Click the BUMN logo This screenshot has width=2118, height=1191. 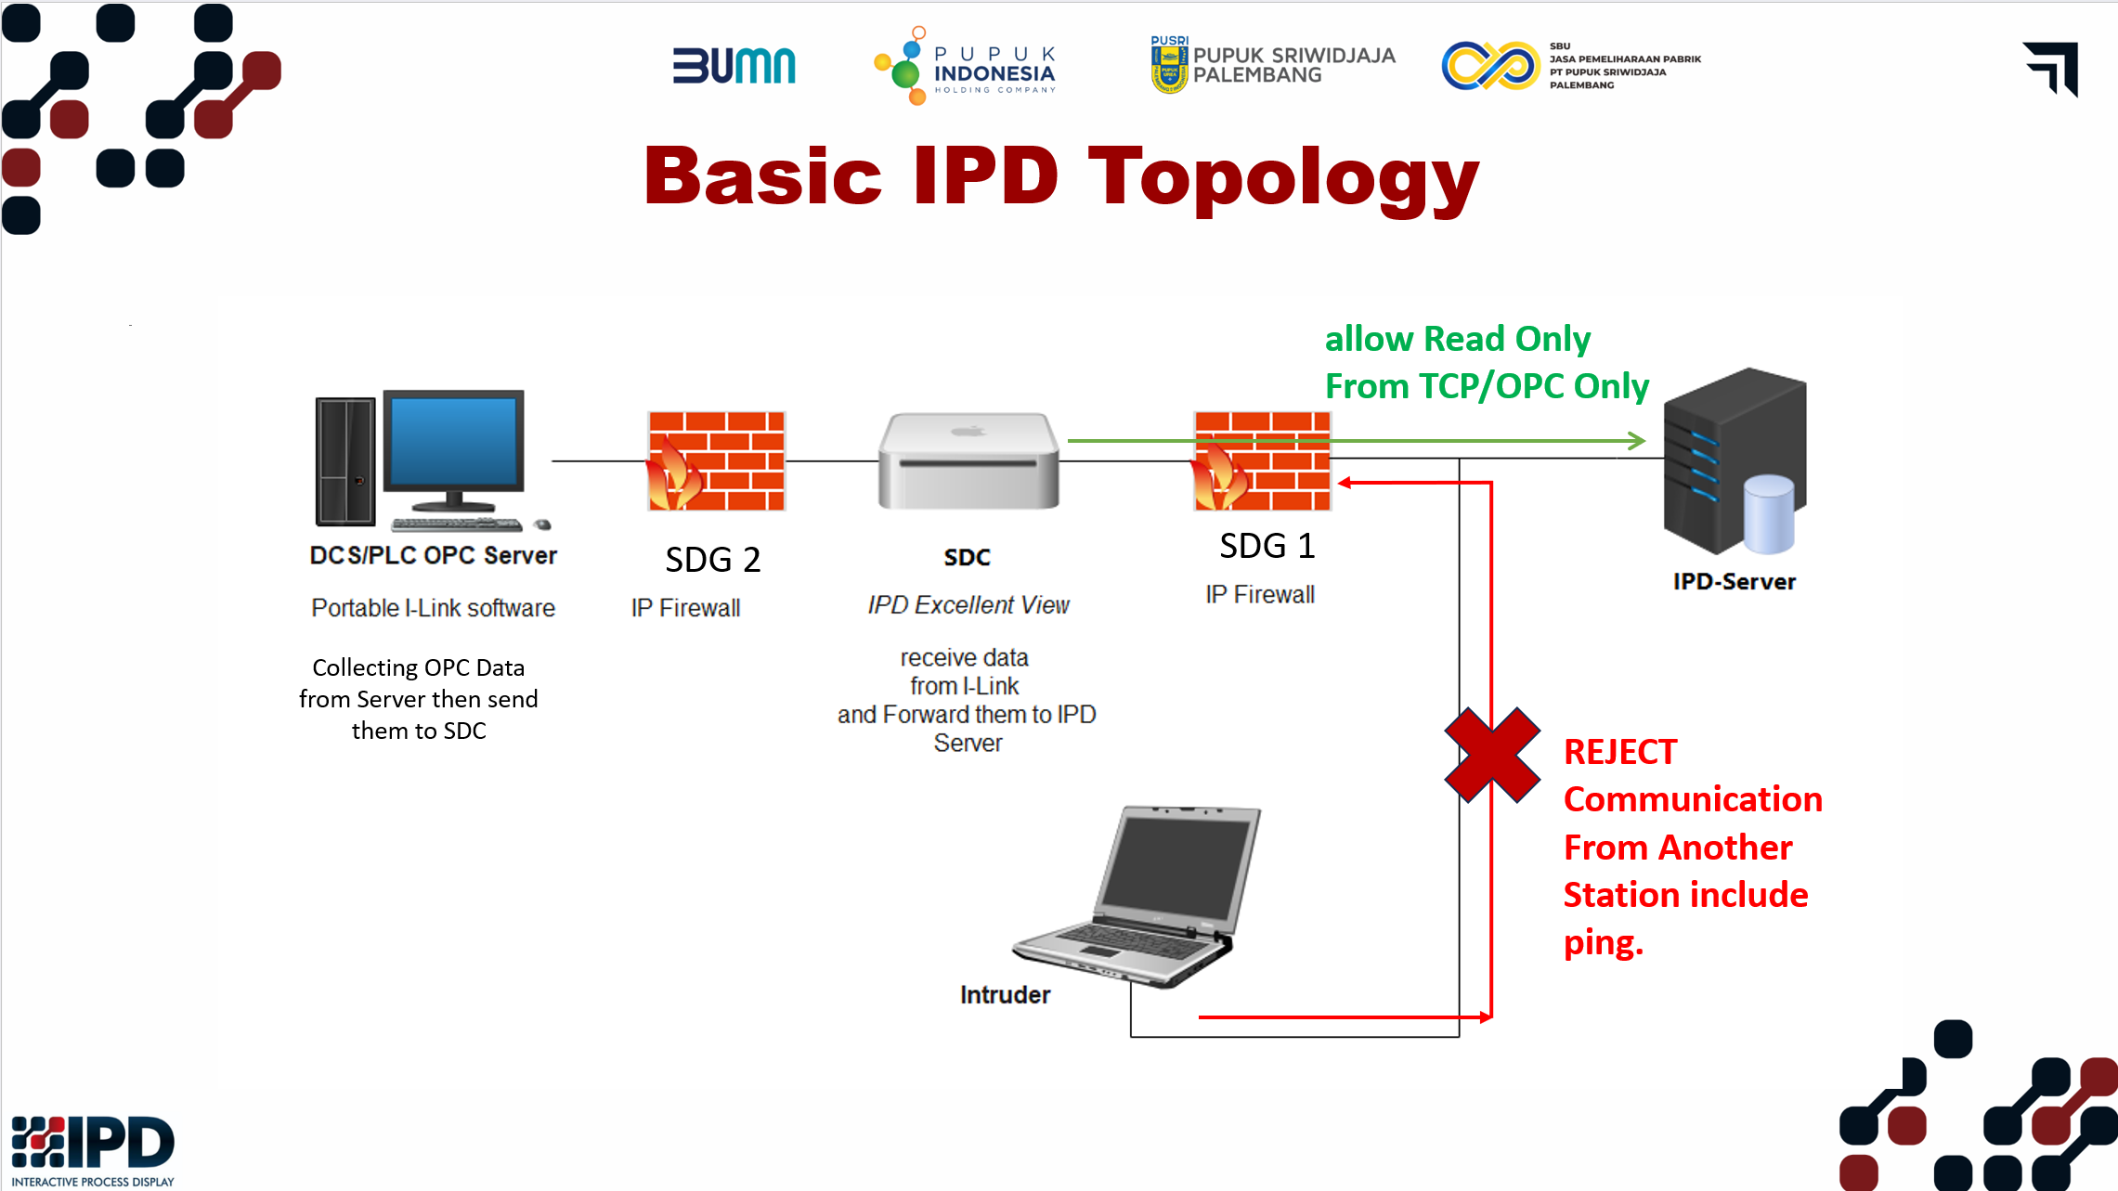(734, 66)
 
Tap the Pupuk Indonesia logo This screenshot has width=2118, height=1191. (966, 66)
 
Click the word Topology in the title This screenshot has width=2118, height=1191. (1283, 179)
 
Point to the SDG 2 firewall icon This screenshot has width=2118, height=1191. (716, 461)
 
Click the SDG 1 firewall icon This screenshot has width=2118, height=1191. (1262, 461)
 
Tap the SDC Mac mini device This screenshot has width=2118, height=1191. (968, 461)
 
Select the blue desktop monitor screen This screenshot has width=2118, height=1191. (454, 441)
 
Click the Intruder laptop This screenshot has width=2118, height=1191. (1138, 896)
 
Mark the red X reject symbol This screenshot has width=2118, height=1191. (1492, 755)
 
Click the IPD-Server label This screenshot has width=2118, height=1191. (1734, 582)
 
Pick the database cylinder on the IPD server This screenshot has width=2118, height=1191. (1769, 514)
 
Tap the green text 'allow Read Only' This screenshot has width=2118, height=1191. (1458, 339)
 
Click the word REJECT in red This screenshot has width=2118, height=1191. (1620, 752)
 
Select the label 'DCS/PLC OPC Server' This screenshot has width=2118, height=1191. (433, 555)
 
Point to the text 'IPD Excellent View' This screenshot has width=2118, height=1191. (968, 605)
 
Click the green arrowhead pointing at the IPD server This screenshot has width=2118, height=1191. (1637, 441)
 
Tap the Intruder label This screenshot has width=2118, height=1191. (1005, 995)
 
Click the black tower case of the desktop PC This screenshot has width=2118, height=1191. (345, 461)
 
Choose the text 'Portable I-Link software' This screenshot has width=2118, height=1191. (433, 608)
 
